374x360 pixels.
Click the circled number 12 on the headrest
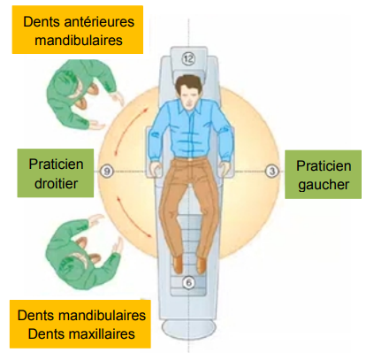tap(188, 58)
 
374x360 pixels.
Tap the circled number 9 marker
tap(107, 171)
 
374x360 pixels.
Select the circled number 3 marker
tap(271, 171)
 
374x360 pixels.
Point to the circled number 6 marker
tap(188, 282)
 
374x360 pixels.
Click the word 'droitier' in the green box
tap(56, 184)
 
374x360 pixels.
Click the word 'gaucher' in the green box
tap(324, 185)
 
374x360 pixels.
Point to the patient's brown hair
tap(188, 82)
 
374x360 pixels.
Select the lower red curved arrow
tap(134, 218)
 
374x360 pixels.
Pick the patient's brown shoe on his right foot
tap(178, 264)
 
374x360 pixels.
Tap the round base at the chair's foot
tap(188, 329)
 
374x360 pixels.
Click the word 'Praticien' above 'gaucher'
tap(324, 166)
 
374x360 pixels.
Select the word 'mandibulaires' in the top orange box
tap(79, 41)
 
